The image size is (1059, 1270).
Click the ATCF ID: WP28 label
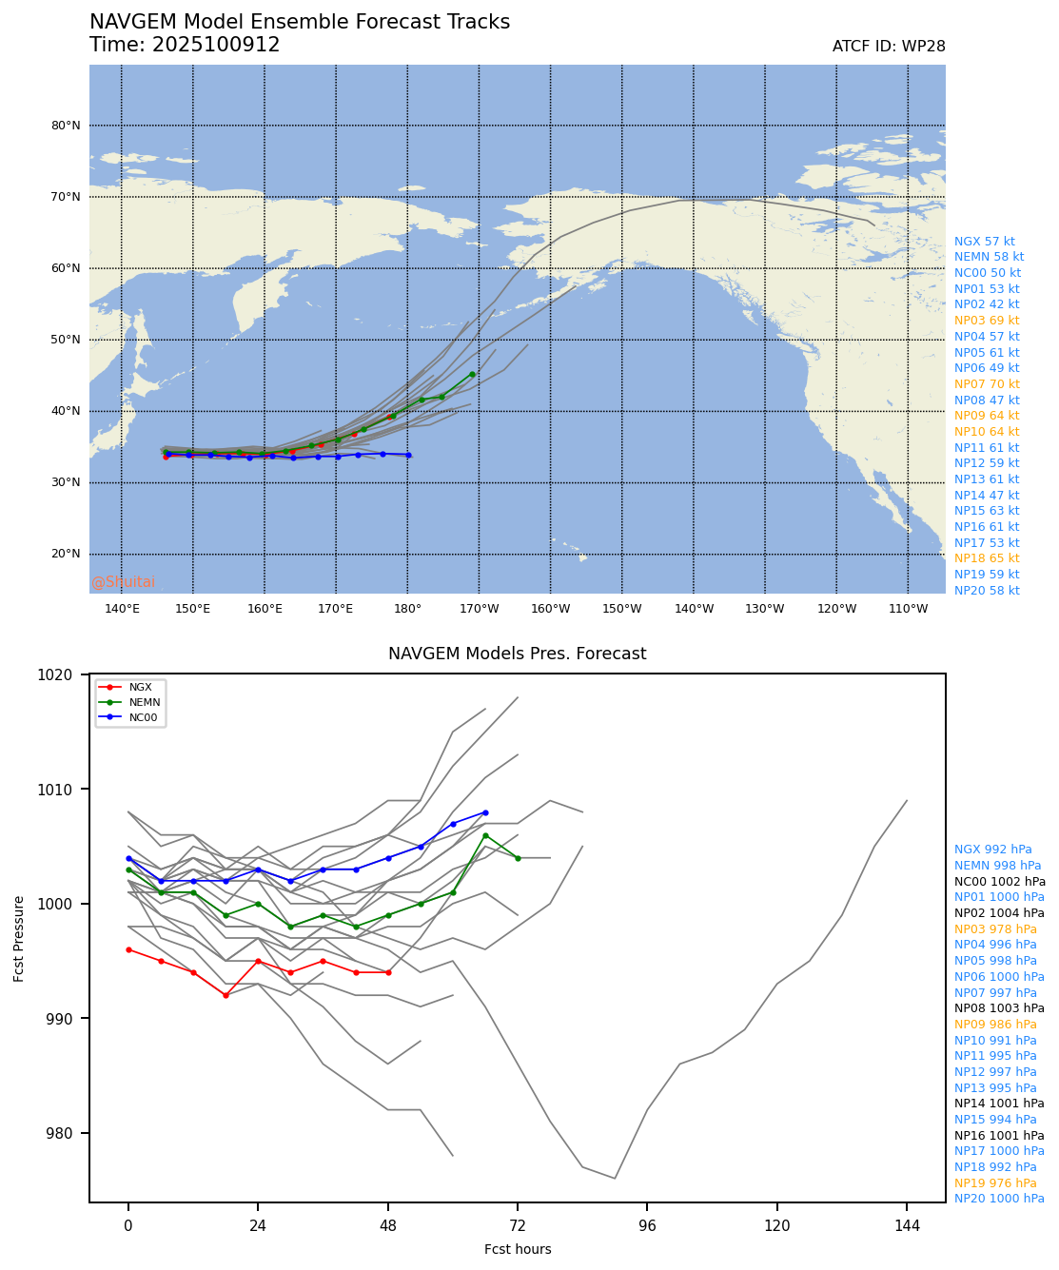(x=888, y=47)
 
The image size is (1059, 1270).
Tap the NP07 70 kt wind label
(x=987, y=384)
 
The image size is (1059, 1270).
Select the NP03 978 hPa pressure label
(x=995, y=929)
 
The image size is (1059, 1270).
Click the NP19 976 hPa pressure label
(x=995, y=1183)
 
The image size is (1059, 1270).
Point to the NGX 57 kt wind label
(x=984, y=242)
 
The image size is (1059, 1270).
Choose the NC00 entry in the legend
(x=144, y=717)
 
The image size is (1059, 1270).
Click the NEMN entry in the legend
(x=145, y=702)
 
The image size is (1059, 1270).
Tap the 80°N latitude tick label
(x=66, y=126)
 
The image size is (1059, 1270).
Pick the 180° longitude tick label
(x=407, y=609)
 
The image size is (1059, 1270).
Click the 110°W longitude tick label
(x=908, y=609)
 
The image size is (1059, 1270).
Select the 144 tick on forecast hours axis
(x=907, y=1226)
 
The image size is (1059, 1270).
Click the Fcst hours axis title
(x=518, y=1249)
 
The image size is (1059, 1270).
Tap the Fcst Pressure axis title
(x=19, y=938)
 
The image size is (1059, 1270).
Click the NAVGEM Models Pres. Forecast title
(x=517, y=654)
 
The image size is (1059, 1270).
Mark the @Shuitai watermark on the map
(x=123, y=582)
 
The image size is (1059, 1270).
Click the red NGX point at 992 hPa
(x=226, y=995)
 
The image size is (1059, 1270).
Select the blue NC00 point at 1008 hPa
(x=485, y=812)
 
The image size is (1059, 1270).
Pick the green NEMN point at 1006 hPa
(x=485, y=835)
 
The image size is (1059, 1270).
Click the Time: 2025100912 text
(x=185, y=46)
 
